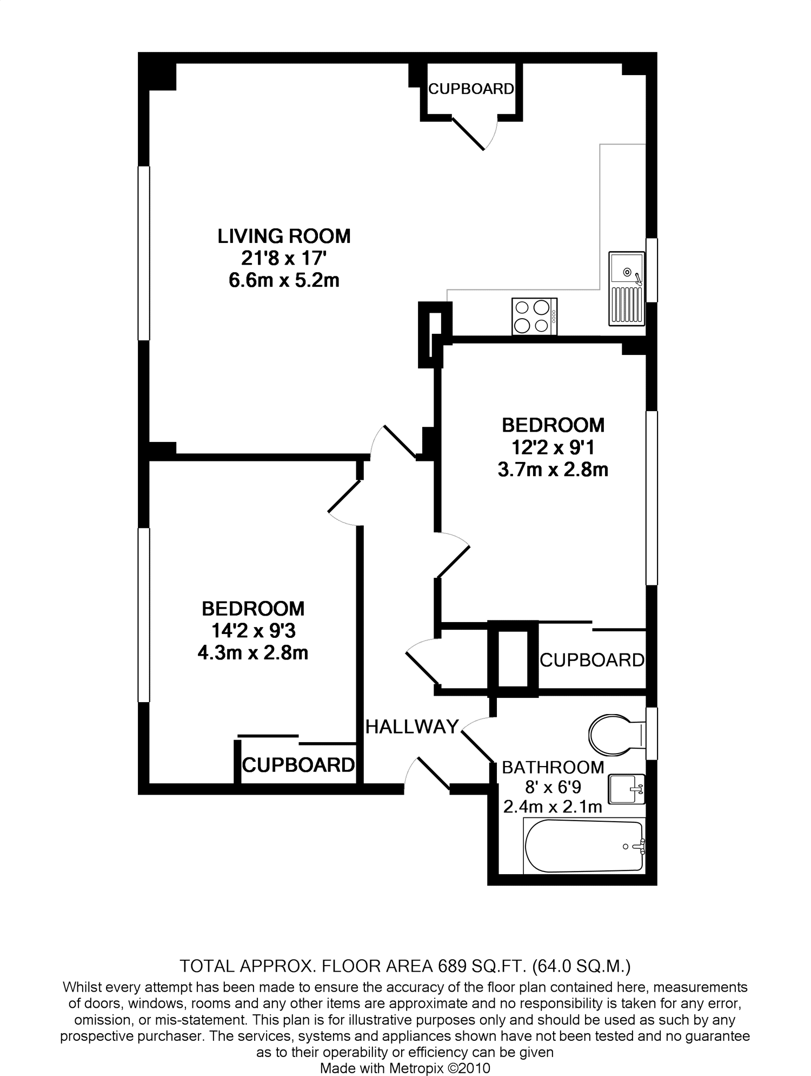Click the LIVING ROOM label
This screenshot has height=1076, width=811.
pos(284,236)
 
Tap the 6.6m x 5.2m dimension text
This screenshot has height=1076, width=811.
pos(284,281)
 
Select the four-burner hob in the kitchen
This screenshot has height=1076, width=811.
pos(534,316)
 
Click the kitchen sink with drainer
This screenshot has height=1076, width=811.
pos(627,288)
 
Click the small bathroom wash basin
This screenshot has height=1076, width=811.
pos(626,789)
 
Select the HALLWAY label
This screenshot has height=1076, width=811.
pos(412,727)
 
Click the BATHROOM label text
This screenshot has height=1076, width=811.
pos(553,767)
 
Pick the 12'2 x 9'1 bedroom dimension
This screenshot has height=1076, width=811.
pos(553,447)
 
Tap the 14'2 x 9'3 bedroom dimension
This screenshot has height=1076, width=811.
pos(253,631)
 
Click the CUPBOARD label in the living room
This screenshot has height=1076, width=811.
pos(471,89)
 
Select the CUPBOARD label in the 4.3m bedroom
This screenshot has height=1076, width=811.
pos(298,765)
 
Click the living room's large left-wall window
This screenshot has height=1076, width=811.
pos(143,253)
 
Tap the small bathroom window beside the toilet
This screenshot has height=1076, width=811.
pos(652,733)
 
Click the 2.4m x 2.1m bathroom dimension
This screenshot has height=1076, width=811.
pos(553,807)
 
